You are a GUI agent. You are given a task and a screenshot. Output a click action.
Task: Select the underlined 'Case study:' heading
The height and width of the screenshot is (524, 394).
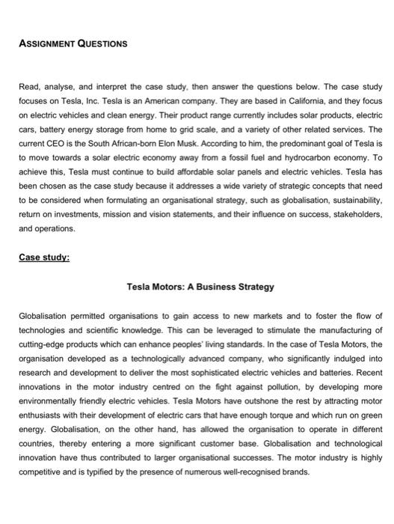pyautogui.click(x=43, y=258)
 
